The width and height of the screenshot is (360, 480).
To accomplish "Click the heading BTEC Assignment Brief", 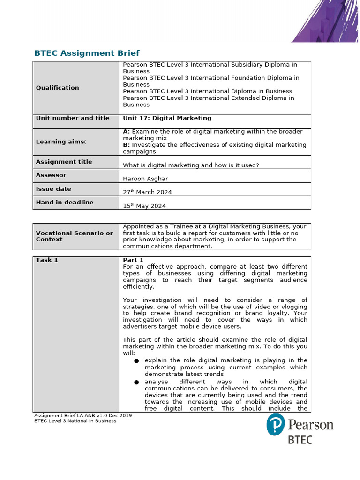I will [x=87, y=53].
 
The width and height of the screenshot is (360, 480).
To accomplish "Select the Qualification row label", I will [x=57, y=88].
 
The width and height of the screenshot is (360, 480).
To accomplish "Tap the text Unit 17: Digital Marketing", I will [x=167, y=118].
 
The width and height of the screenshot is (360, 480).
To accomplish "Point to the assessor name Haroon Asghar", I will [x=145, y=179].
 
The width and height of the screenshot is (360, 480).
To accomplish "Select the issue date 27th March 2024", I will [x=147, y=192].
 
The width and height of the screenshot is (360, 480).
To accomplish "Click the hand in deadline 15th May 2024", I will [x=144, y=205].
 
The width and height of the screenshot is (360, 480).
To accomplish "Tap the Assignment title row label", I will [x=64, y=162].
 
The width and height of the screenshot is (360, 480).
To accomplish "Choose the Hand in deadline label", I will [x=64, y=202].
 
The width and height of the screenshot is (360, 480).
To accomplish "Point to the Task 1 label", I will [x=47, y=260].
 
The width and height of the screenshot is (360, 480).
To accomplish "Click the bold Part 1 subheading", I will [x=133, y=260].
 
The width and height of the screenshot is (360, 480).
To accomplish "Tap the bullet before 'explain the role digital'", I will [x=136, y=361].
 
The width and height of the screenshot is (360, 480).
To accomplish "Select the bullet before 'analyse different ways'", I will [x=136, y=382].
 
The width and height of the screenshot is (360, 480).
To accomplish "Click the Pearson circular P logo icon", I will [x=276, y=425].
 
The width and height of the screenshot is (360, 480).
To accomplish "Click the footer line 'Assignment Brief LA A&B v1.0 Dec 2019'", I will [x=83, y=415].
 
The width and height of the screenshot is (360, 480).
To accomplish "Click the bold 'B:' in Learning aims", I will [x=126, y=145].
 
